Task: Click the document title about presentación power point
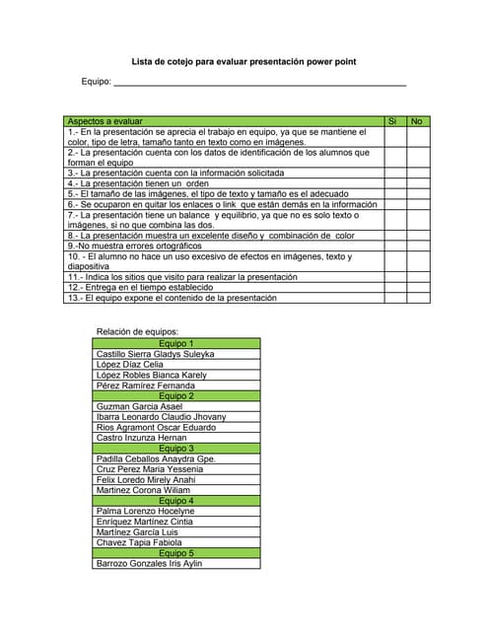tap(244, 62)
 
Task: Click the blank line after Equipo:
tap(260, 83)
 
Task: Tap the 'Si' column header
tap(393, 120)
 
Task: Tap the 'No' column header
tap(417, 120)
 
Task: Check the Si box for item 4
tap(393, 183)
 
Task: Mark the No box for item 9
tap(417, 246)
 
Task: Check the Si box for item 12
tap(393, 287)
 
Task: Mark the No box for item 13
tap(417, 298)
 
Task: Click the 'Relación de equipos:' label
tap(137, 332)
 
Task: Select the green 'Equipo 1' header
tap(176, 343)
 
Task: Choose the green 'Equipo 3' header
tap(176, 448)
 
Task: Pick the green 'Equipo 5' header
tap(176, 553)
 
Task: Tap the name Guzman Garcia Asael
tap(140, 406)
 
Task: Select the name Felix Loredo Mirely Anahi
tap(152, 479)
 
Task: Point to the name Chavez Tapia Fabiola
tap(139, 542)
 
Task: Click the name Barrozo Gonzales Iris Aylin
tap(149, 563)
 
